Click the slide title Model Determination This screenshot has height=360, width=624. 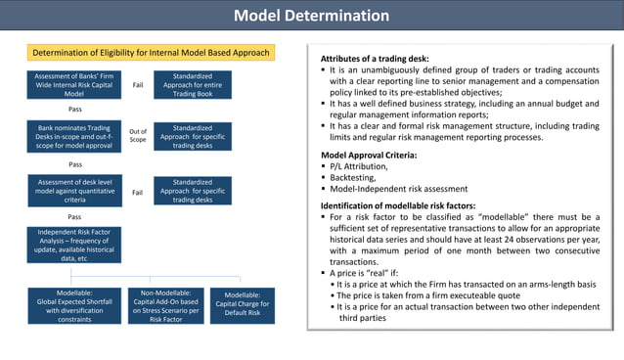311,16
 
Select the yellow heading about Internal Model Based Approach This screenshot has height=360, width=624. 152,53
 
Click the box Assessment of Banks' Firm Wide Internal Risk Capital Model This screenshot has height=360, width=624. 73,85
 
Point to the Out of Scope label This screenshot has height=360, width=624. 138,136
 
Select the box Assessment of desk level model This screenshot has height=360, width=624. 73,190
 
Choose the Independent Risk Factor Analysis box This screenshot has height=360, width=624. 73,245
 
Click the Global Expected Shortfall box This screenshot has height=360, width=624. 74,306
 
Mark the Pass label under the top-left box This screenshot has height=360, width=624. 74,110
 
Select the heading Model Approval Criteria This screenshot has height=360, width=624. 369,155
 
